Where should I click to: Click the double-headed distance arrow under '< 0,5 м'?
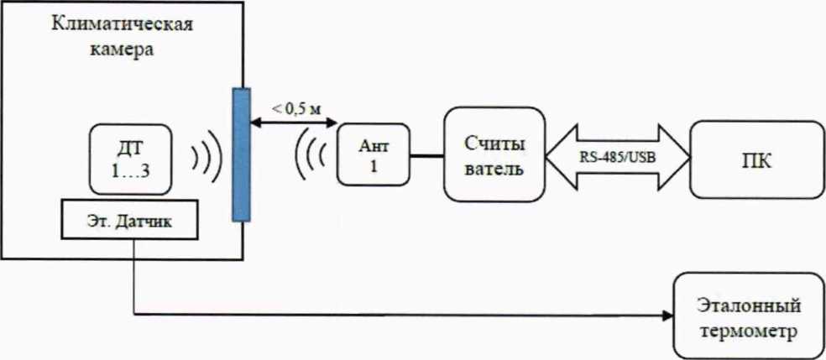point(290,125)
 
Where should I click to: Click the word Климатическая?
point(122,23)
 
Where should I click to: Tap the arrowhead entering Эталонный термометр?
point(669,316)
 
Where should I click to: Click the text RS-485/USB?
point(617,154)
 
